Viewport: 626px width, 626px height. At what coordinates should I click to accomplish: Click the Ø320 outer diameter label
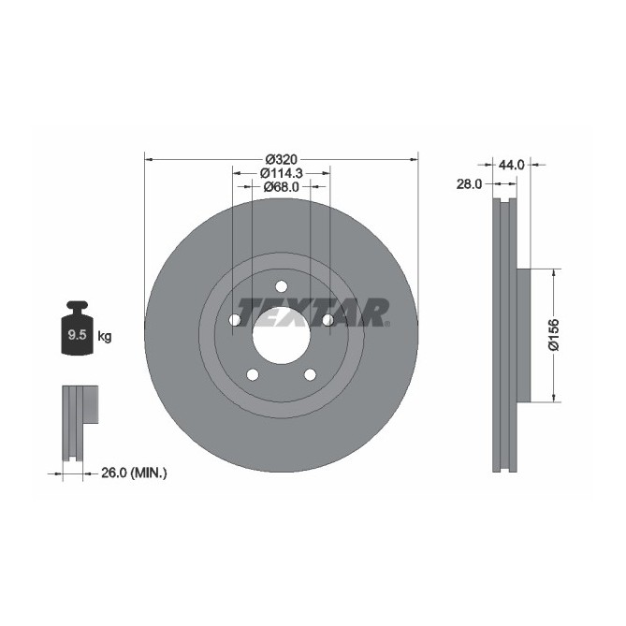(x=281, y=159)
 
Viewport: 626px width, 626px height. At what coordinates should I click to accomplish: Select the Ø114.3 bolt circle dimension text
(x=281, y=173)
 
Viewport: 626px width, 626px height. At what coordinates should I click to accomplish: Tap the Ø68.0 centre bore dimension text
(x=281, y=187)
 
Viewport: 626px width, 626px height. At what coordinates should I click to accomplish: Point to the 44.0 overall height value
(x=510, y=165)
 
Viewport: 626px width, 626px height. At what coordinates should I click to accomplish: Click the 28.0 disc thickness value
(x=469, y=185)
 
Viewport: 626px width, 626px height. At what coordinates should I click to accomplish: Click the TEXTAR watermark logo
(x=313, y=312)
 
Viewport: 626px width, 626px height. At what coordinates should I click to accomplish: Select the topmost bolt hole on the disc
(x=281, y=286)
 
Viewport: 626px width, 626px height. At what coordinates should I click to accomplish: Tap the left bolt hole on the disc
(x=234, y=321)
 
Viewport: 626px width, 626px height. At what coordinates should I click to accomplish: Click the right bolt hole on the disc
(x=328, y=321)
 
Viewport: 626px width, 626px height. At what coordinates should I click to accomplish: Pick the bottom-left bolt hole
(x=252, y=375)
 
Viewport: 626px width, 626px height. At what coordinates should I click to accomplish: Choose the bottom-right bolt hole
(x=310, y=375)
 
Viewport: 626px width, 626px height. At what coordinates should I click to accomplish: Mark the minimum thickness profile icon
(x=80, y=421)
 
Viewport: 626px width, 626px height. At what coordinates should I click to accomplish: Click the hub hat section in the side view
(x=523, y=335)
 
